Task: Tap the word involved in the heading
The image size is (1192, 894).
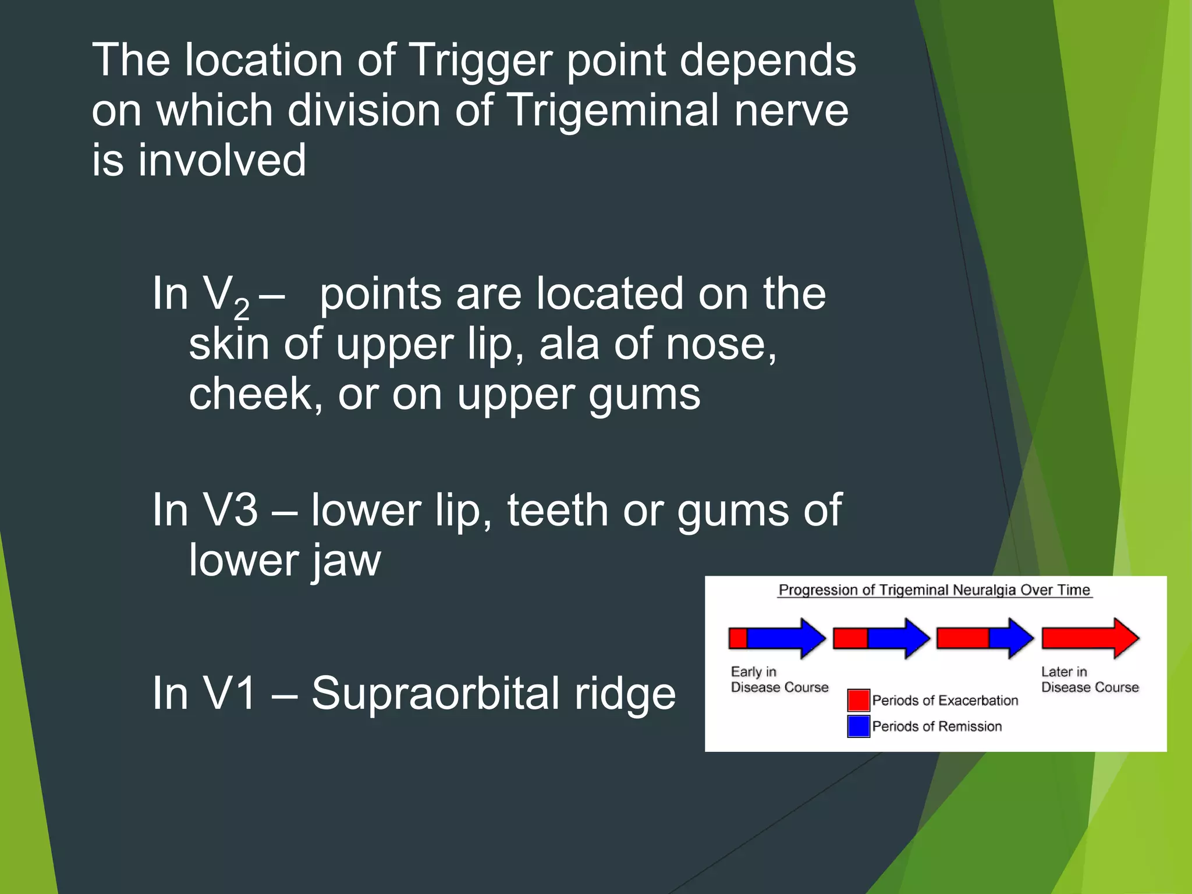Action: coord(222,161)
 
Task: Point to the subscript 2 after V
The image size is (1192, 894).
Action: coord(242,309)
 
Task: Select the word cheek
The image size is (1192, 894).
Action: coord(255,395)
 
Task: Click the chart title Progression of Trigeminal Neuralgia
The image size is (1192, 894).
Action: coord(934,590)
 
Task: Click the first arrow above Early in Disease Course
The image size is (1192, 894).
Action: coord(776,638)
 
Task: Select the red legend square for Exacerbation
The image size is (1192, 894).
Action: coord(858,700)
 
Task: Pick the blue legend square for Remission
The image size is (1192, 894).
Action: coord(858,726)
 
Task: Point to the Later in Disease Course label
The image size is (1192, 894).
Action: coord(1090,680)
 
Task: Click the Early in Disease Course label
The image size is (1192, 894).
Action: coord(779,680)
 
